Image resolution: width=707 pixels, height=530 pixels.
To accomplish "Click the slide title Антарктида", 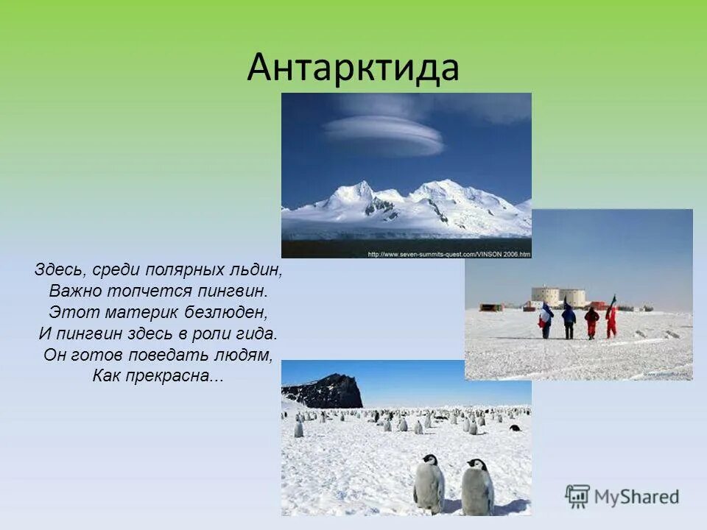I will (x=353, y=68).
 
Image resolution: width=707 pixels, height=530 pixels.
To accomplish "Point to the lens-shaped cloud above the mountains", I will (x=383, y=134).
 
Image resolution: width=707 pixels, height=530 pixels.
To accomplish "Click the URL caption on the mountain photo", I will (x=449, y=254).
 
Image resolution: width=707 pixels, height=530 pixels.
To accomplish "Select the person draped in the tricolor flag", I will (x=546, y=320).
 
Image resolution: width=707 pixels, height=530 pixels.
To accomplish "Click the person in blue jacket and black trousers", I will (x=569, y=321).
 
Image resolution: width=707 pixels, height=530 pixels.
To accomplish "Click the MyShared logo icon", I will (x=577, y=496).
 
